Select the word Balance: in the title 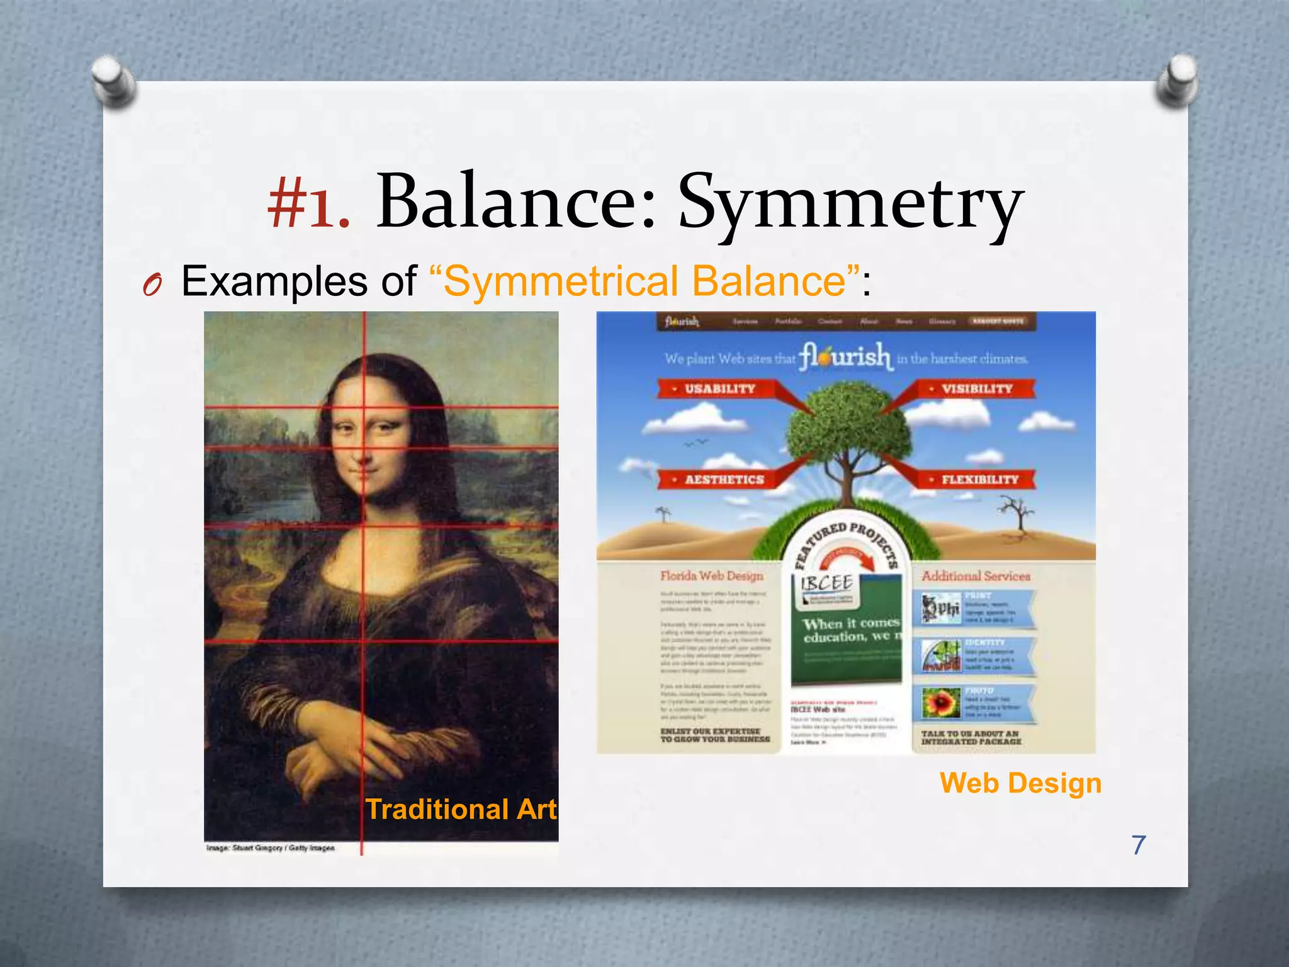tap(517, 203)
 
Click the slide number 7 tap(1139, 845)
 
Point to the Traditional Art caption tap(461, 809)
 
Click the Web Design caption tap(1020, 783)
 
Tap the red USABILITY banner tap(718, 388)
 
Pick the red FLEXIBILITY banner tap(979, 479)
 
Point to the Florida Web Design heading tap(711, 575)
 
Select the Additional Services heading tap(976, 575)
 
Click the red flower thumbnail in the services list tap(941, 703)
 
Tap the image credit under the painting tap(271, 848)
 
